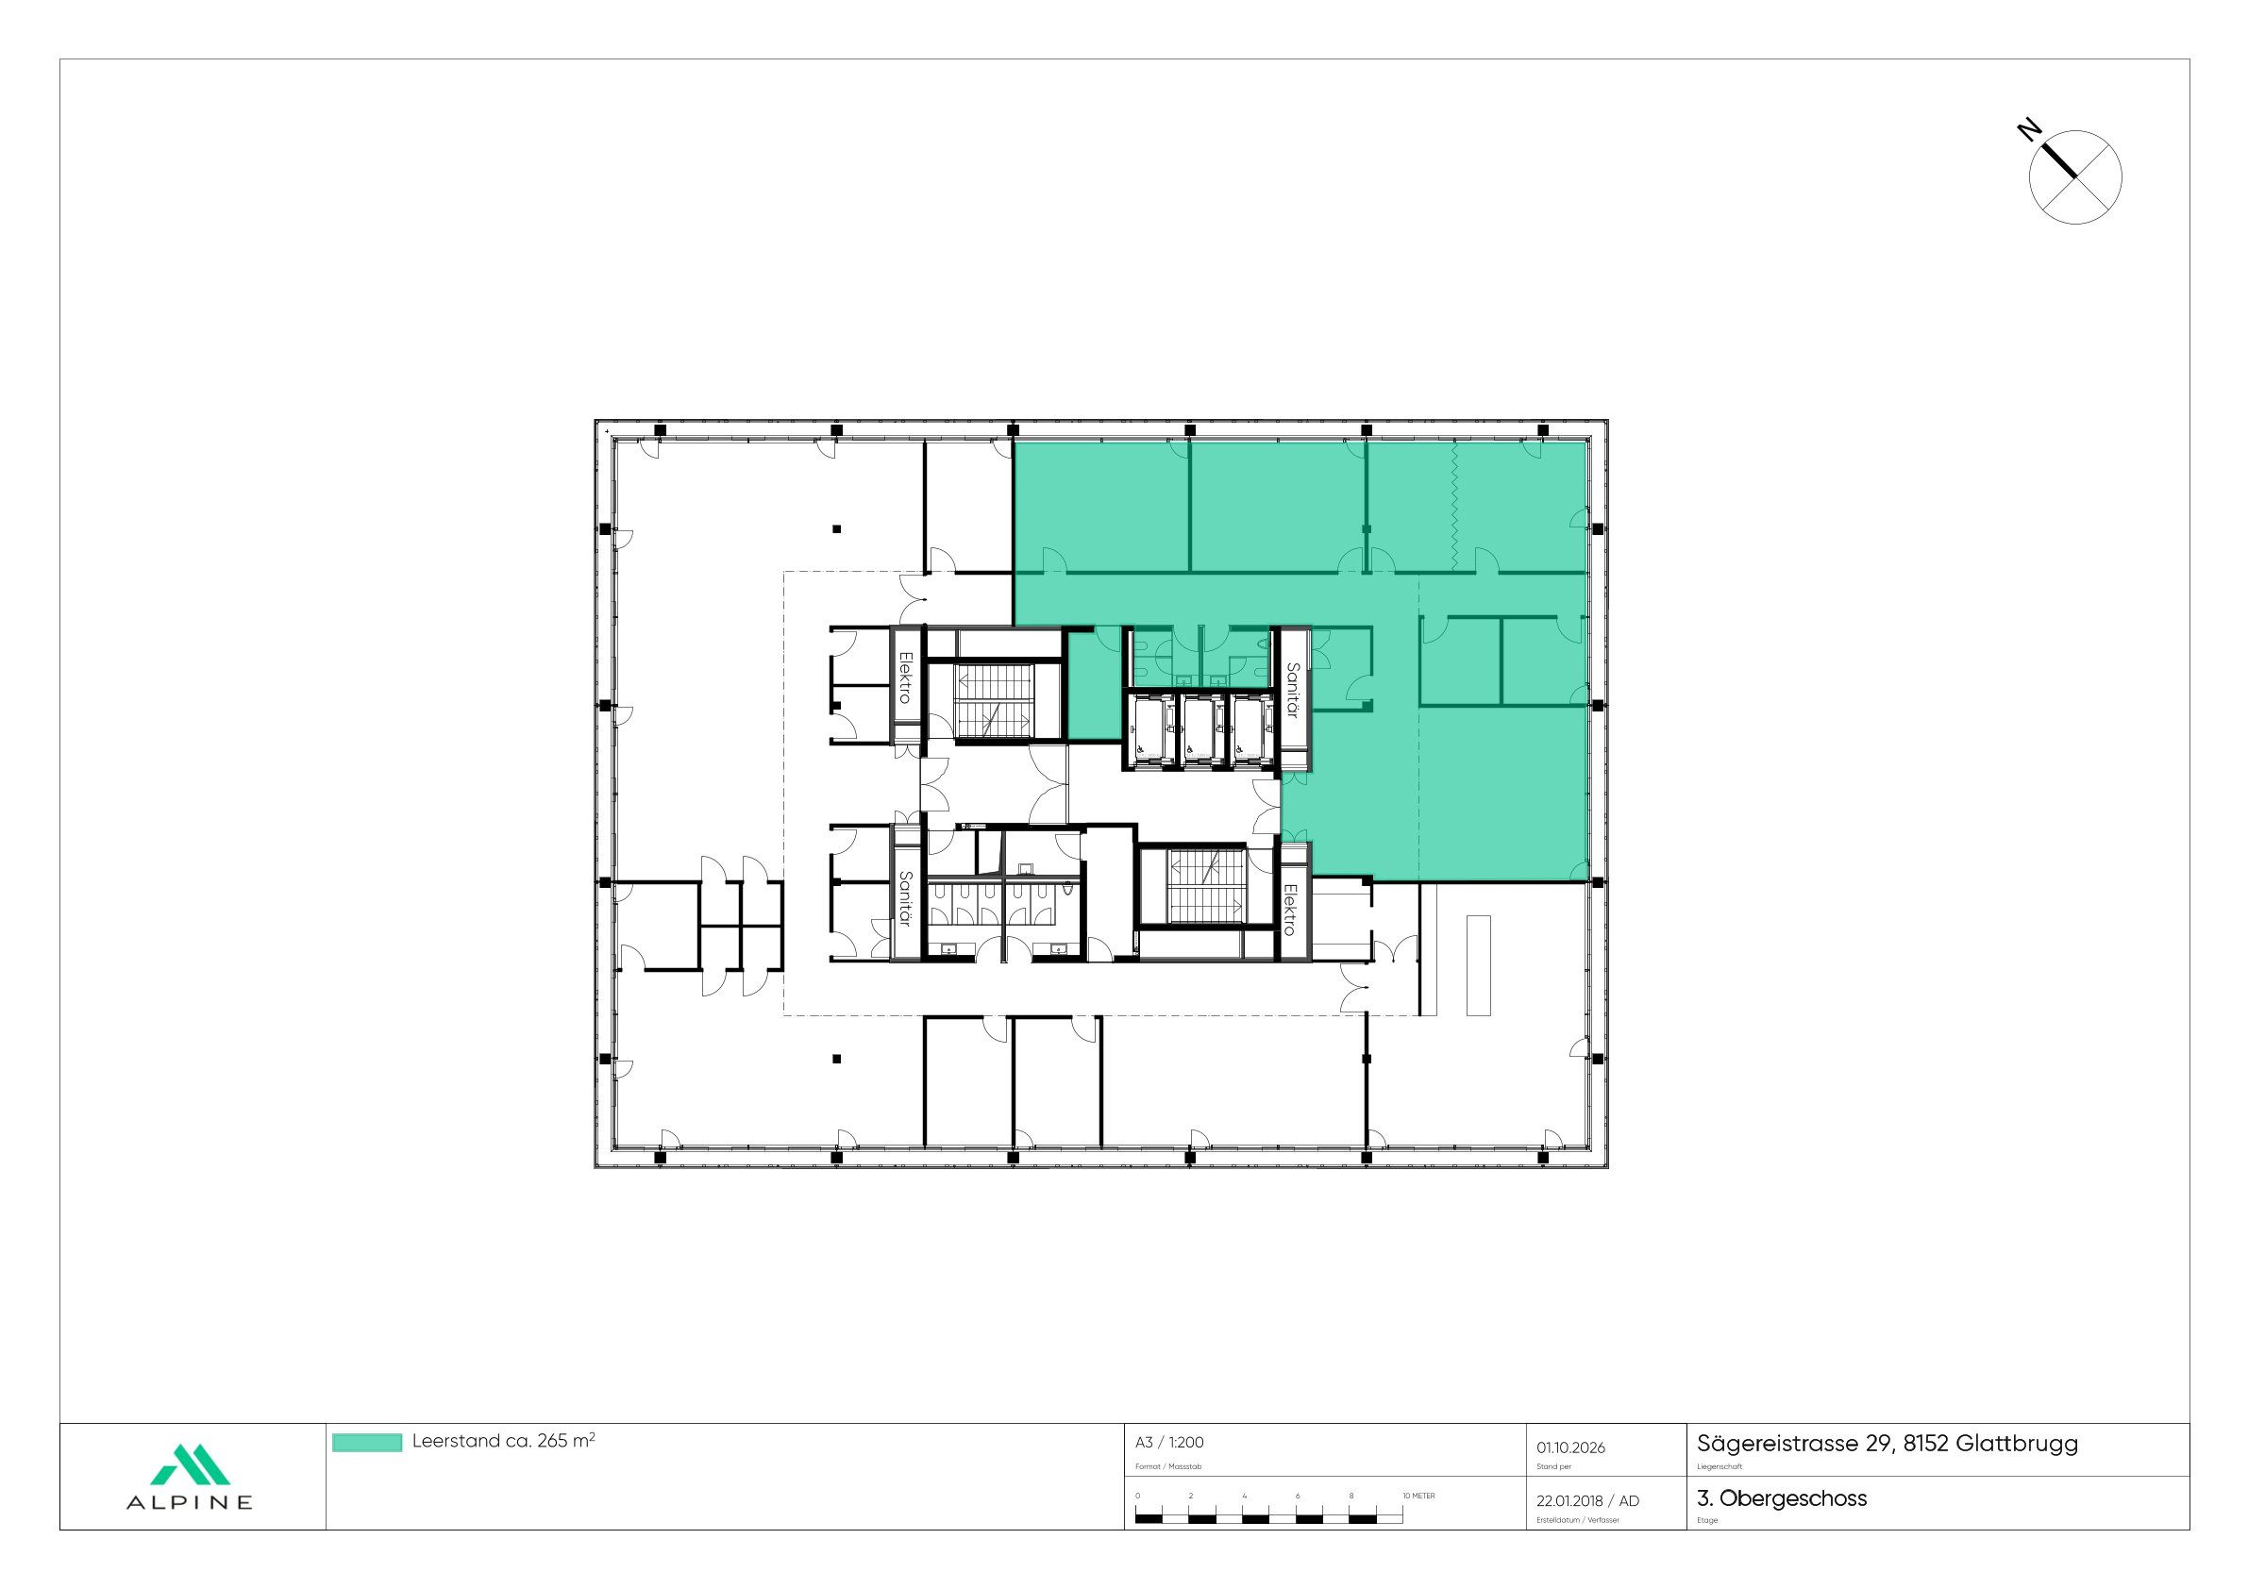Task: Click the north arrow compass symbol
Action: [x=2073, y=177]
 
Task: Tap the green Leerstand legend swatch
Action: [x=366, y=1442]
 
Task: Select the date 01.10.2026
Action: [x=1570, y=1447]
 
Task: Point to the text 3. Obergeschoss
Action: [x=1781, y=1498]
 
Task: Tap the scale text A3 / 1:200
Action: [x=1169, y=1442]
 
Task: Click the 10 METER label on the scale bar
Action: [x=1418, y=1496]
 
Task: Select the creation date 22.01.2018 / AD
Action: [x=1587, y=1501]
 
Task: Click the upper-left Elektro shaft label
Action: [x=906, y=677]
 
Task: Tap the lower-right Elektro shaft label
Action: [x=1290, y=910]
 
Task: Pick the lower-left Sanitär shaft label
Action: [x=906, y=899]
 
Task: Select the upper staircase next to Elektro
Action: [x=995, y=701]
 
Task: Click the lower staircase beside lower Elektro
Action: [x=1206, y=887]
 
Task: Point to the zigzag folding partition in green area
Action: [x=1455, y=505]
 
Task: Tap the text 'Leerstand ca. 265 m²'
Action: [x=503, y=1441]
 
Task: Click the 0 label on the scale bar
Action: [x=1138, y=1496]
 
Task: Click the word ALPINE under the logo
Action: [x=190, y=1503]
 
